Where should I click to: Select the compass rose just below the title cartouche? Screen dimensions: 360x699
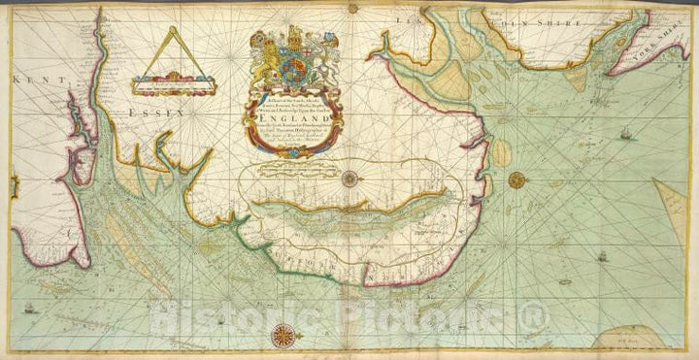click(x=349, y=177)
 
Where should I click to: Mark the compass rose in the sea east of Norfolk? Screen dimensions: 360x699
click(x=516, y=179)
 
